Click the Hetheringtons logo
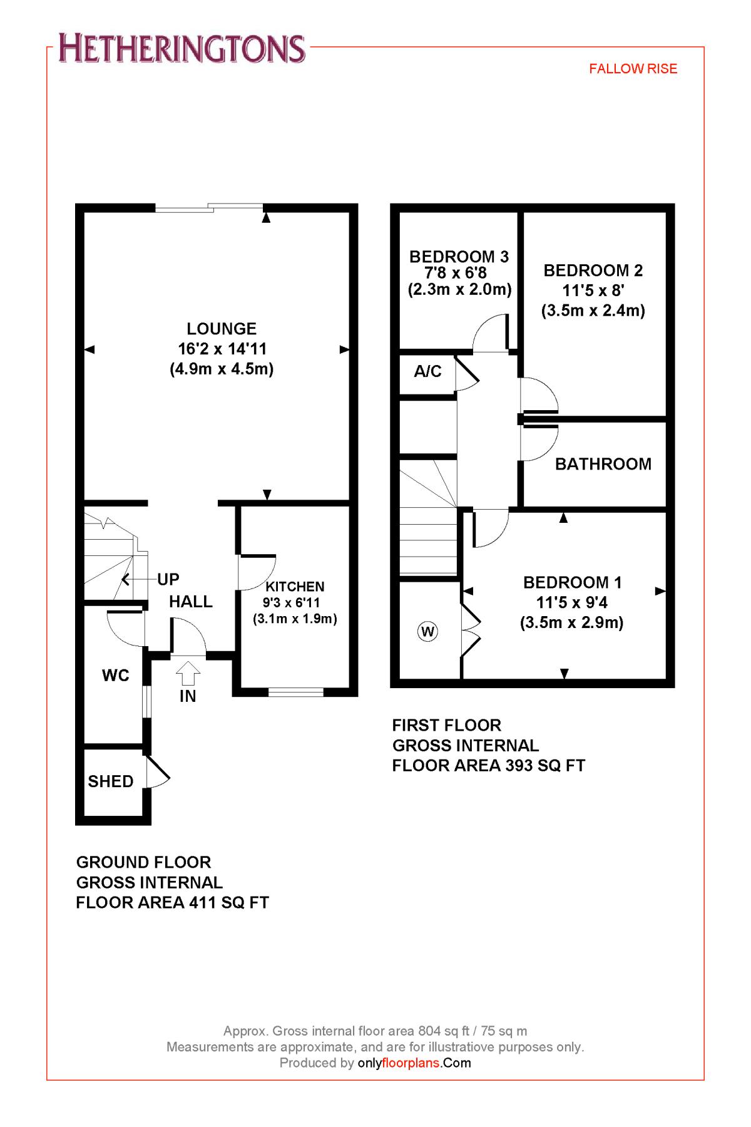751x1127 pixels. coord(182,49)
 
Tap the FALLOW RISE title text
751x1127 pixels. coord(633,69)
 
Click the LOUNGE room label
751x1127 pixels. coord(222,329)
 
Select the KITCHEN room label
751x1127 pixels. coord(295,587)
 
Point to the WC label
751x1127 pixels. coord(116,675)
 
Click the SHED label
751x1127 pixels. coord(111,781)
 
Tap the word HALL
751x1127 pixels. coord(191,602)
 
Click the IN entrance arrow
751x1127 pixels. coord(188,675)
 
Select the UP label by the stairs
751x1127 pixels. coord(168,580)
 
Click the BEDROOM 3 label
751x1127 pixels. coord(459,256)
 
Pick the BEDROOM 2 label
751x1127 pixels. coord(593,270)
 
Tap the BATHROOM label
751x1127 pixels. coord(603,464)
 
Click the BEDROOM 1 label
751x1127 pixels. coord(572,583)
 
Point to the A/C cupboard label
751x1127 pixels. coord(427,372)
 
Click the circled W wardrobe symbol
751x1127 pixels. coord(427,631)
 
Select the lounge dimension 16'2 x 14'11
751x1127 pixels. coord(222,349)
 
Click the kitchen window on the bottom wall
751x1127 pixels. coord(295,692)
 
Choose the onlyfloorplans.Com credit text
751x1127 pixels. coord(414,1063)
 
